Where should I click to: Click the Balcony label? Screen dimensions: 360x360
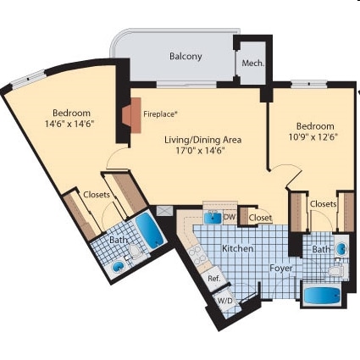tap(186, 56)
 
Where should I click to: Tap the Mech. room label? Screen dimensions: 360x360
tap(252, 64)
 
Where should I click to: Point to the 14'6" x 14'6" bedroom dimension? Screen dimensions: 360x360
tap(72, 124)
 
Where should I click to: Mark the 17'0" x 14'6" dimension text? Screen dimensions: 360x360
tap(197, 152)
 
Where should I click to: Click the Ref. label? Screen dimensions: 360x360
tap(213, 279)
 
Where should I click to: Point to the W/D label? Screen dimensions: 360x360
tap(224, 301)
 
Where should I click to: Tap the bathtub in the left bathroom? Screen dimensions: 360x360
tap(149, 230)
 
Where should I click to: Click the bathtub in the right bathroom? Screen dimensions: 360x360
tap(321, 297)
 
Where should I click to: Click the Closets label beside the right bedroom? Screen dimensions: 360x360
tap(323, 204)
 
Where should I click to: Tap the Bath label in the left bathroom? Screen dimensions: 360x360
tap(118, 241)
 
